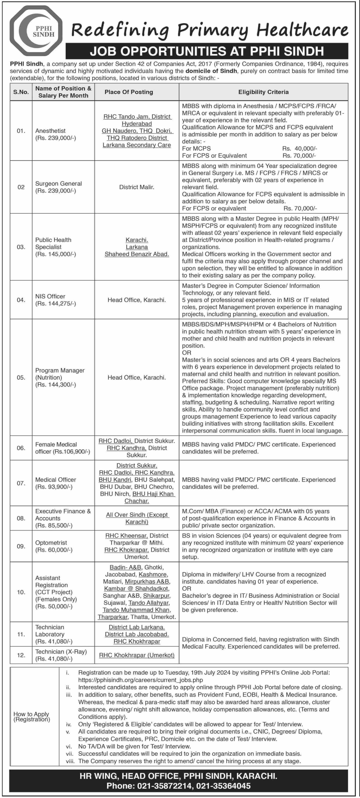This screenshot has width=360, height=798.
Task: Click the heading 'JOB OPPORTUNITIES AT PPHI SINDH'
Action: click(x=207, y=51)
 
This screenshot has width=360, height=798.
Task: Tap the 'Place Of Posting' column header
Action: click(x=128, y=92)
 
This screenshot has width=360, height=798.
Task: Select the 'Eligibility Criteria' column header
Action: click(x=263, y=92)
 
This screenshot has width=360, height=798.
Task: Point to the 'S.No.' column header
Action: click(x=21, y=92)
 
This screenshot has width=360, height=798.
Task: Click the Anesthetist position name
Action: click(x=50, y=131)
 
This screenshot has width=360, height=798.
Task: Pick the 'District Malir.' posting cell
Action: click(x=137, y=187)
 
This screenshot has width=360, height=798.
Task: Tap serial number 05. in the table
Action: click(x=21, y=377)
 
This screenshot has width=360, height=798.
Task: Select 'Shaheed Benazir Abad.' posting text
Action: click(x=137, y=254)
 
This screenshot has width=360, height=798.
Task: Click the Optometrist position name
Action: click(x=51, y=543)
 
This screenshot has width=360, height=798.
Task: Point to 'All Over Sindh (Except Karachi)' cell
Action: click(x=137, y=518)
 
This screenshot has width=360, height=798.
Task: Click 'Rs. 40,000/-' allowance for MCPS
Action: click(x=299, y=148)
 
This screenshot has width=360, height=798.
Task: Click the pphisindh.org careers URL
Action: click(x=140, y=680)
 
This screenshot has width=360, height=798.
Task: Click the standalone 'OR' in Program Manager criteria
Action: click(x=187, y=353)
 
